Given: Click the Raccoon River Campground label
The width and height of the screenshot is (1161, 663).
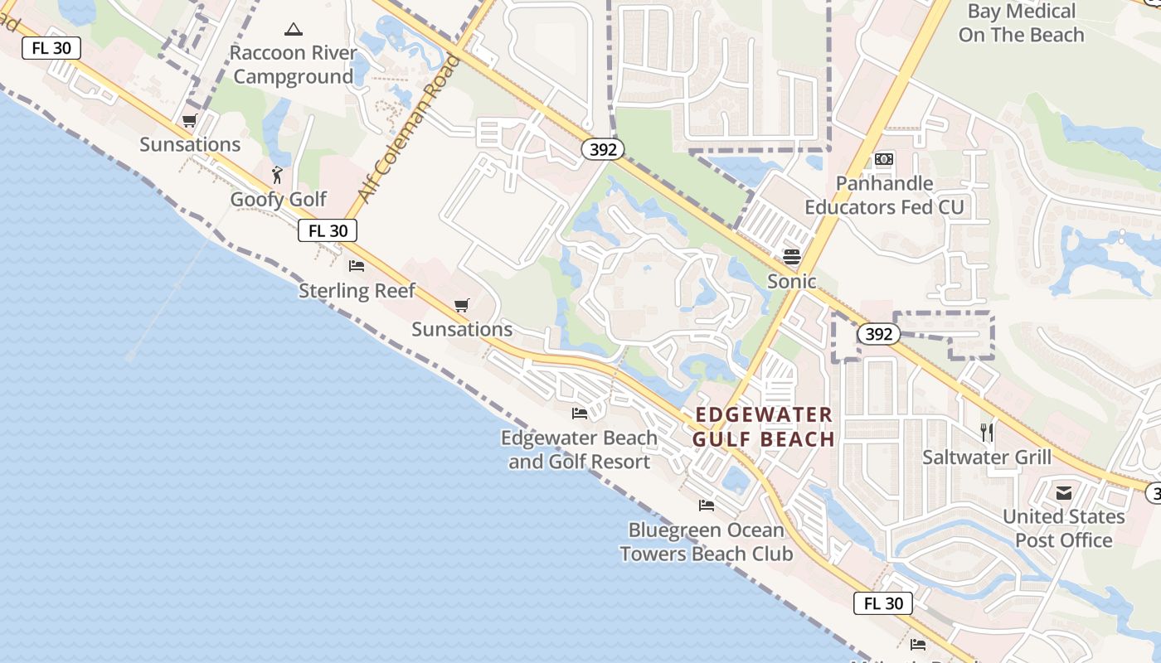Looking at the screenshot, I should tap(293, 65).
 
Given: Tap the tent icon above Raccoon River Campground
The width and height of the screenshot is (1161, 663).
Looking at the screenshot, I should tap(293, 30).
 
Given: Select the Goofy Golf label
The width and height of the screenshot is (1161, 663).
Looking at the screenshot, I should tap(279, 200).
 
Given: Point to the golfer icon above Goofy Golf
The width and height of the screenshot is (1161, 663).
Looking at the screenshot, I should tap(278, 175).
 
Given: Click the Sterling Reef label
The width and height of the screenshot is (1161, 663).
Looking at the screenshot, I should tap(357, 290).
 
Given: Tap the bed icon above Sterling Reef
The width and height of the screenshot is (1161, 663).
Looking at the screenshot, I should tap(357, 266).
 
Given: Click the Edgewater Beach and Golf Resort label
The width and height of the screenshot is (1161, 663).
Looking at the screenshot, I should tap(579, 449).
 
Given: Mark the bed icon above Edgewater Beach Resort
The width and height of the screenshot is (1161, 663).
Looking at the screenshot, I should tap(580, 413).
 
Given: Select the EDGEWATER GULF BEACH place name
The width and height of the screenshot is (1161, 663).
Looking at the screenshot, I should tap(764, 427).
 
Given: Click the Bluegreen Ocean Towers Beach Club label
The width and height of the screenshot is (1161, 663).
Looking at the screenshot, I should tap(707, 542).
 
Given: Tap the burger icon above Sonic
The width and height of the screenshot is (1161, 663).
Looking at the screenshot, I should tap(792, 256).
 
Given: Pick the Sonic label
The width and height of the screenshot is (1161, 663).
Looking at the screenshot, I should tap(792, 281).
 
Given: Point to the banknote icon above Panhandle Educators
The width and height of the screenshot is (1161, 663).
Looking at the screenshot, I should tap(884, 158).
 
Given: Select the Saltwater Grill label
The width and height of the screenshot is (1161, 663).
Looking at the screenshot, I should tap(987, 457).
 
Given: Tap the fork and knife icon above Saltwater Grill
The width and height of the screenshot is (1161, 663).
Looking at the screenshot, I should tap(987, 432).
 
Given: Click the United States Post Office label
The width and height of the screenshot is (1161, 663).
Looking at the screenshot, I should tap(1064, 528).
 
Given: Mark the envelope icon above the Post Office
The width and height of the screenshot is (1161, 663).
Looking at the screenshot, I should tap(1064, 493).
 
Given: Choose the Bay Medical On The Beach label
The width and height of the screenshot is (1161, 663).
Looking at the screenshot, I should tap(1021, 23).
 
